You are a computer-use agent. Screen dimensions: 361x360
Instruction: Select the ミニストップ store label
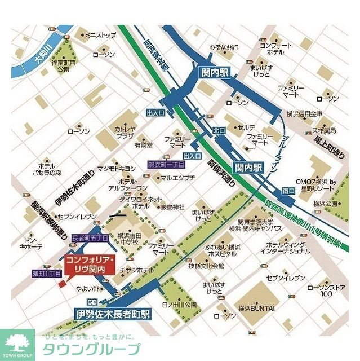[100, 35]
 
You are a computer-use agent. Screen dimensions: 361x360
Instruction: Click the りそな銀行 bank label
[224, 48]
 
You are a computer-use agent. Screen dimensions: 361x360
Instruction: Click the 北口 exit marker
[219, 130]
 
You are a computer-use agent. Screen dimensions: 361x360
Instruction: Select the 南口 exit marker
[288, 191]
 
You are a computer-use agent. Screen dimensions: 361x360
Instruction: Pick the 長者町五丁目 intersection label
[90, 239]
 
